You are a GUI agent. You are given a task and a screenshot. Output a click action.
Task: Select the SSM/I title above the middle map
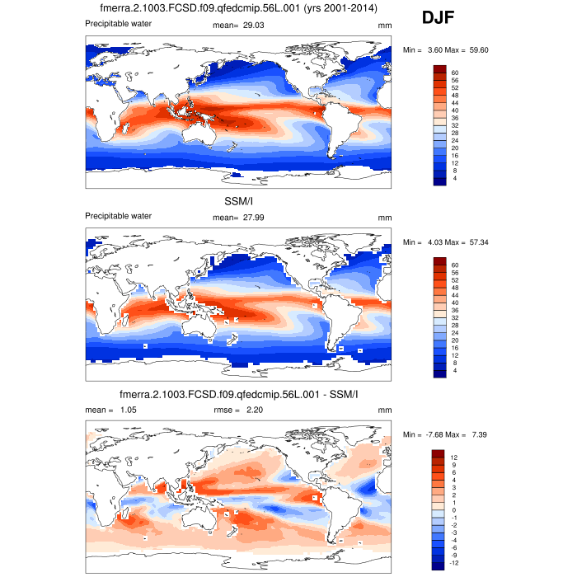(237, 203)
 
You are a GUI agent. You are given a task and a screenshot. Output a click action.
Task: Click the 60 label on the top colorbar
(455, 73)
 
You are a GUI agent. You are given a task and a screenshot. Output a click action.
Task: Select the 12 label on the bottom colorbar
(455, 457)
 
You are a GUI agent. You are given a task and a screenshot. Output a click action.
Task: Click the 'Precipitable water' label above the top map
(119, 24)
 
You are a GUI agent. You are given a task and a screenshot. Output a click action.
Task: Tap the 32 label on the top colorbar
(455, 126)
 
